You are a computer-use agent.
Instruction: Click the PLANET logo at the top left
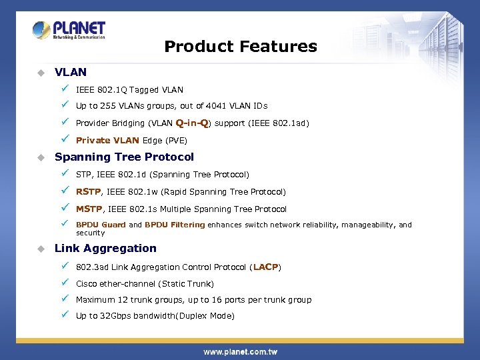[x=69, y=31]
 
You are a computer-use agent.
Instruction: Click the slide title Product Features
[x=240, y=47]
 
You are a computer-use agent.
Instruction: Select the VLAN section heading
[x=71, y=72]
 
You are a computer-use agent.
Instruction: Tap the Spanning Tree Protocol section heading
[x=124, y=157]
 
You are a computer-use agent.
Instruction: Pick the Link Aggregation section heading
[x=105, y=249]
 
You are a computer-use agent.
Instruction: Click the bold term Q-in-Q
[x=192, y=123]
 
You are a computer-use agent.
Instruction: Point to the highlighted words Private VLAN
[x=107, y=141]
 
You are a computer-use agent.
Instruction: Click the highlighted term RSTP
[x=88, y=192]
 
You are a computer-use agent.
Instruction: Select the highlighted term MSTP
[x=89, y=209]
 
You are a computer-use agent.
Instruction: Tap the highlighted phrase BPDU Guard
[x=101, y=225]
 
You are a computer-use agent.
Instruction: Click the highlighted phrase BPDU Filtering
[x=175, y=225]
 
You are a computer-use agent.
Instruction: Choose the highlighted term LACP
[x=265, y=267]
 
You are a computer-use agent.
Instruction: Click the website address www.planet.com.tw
[x=240, y=351]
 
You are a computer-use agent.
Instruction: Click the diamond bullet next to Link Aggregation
[x=41, y=249]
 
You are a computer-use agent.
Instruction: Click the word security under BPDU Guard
[x=90, y=233]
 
